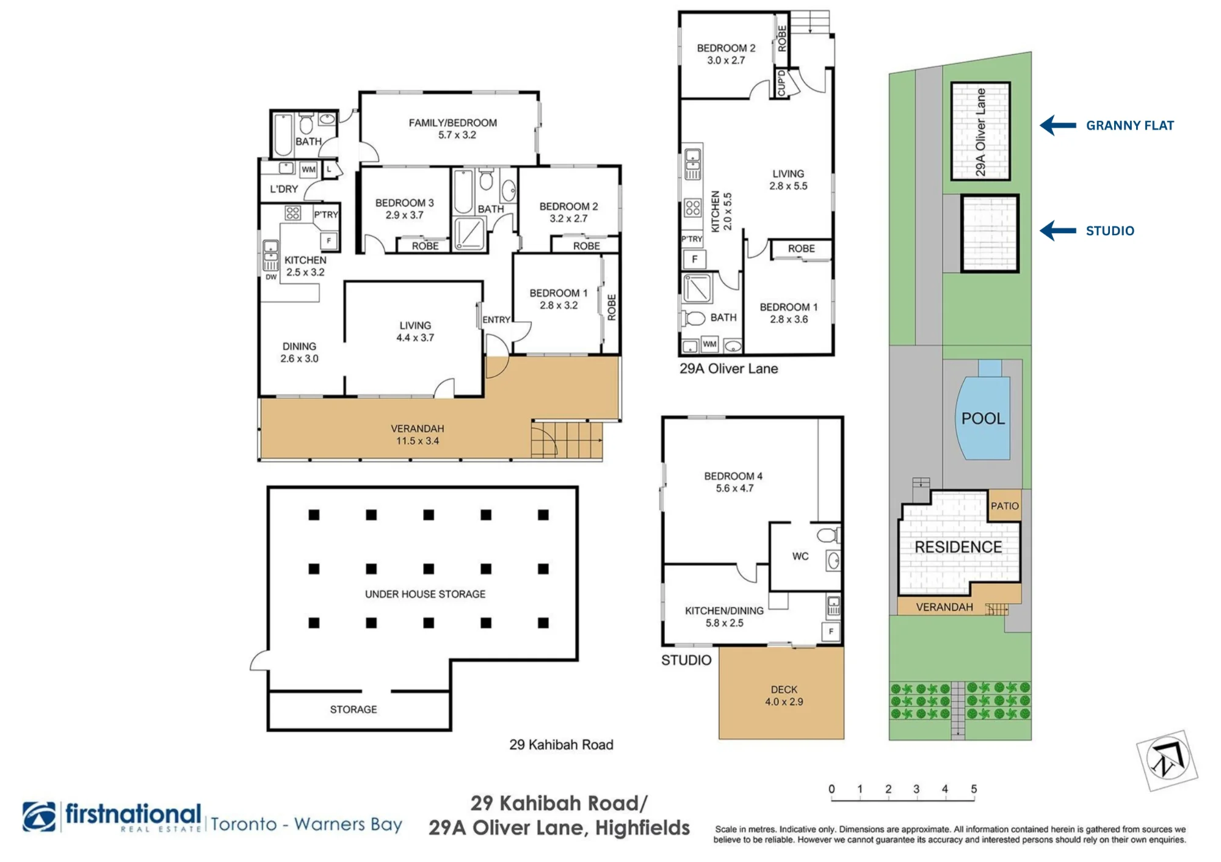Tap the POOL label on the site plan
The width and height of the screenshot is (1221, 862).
983,419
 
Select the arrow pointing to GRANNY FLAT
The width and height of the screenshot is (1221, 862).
1058,125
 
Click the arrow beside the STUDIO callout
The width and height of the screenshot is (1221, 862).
1058,231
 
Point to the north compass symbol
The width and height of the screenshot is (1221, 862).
1167,761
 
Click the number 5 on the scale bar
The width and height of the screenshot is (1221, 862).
974,789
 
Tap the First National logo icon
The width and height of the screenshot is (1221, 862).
39,817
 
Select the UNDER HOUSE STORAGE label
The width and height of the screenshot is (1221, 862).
426,594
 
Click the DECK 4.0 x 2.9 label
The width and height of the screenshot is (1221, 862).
784,696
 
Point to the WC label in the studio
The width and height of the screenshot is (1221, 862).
800,556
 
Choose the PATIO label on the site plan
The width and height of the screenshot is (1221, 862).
1005,506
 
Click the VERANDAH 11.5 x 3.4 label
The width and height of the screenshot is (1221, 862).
418,435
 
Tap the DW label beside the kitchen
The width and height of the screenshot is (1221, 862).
271,277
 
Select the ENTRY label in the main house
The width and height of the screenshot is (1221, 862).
496,320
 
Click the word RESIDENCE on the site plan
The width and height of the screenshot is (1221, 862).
958,547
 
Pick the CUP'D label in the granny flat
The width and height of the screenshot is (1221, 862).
781,84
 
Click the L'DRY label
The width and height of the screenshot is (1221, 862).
284,189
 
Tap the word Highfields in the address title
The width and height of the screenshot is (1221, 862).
643,828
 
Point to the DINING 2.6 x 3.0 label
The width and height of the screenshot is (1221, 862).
299,352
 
